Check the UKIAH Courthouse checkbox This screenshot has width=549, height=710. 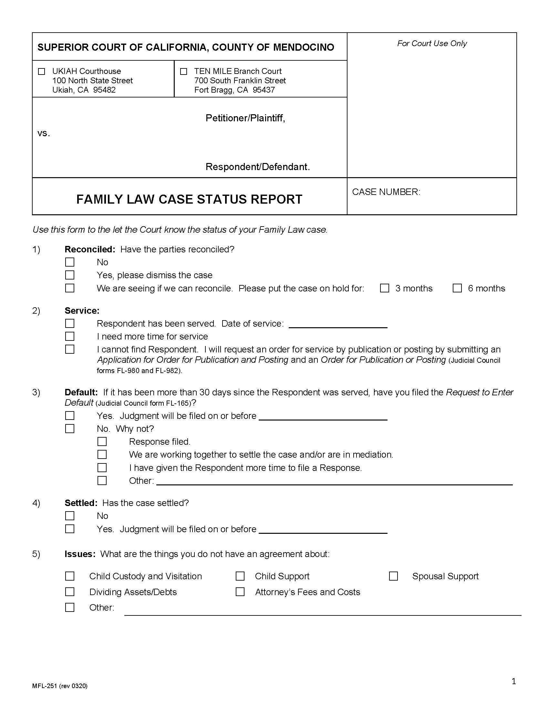[42, 72]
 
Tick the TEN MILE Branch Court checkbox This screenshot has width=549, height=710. [184, 72]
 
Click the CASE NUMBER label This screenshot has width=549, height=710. [386, 192]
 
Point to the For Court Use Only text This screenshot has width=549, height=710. [432, 44]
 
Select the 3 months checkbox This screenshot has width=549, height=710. [385, 288]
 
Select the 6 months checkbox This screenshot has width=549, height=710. [457, 288]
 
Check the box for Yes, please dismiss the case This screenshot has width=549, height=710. [70, 275]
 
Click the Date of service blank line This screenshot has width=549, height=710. [338, 324]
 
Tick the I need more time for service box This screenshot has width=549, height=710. [70, 337]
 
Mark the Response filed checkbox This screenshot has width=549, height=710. [102, 442]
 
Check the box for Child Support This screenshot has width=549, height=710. [240, 576]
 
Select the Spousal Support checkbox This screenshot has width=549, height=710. [394, 576]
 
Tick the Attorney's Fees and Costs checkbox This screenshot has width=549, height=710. [240, 592]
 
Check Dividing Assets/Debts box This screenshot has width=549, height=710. [70, 592]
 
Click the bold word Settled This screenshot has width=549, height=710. [81, 503]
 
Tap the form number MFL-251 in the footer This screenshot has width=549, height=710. [45, 686]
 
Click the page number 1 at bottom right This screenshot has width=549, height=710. [514, 681]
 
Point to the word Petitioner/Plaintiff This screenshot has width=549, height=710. [245, 118]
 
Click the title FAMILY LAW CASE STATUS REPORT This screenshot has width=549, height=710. [189, 199]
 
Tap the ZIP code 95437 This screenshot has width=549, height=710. [264, 90]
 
